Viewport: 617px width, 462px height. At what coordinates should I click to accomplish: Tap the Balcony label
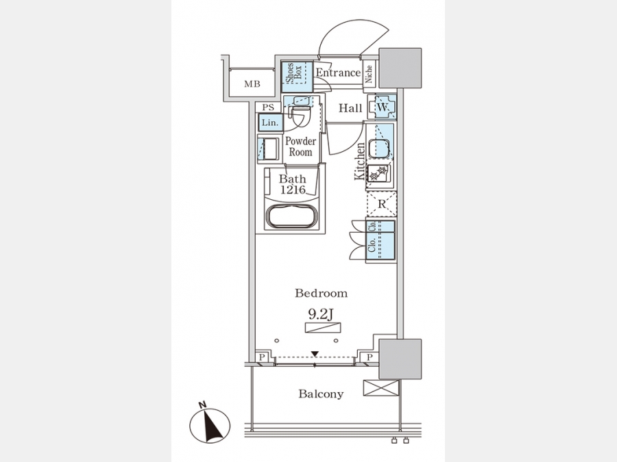321,394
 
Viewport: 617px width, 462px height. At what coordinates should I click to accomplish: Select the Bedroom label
321,294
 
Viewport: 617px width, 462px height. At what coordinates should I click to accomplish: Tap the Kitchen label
359,162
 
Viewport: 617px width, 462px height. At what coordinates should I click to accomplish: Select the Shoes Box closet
297,76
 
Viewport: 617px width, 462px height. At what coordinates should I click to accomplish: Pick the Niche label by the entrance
369,73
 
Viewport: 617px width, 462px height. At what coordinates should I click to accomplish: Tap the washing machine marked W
383,107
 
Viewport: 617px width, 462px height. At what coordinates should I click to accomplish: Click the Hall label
351,107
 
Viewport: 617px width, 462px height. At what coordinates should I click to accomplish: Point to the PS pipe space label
267,107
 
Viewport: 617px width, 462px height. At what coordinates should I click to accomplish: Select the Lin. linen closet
269,123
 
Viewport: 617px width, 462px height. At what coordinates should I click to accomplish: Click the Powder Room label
300,146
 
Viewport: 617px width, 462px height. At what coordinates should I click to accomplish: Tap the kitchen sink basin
379,149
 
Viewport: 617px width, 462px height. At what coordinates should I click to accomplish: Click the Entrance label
338,73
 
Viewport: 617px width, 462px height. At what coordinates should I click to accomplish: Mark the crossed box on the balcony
380,387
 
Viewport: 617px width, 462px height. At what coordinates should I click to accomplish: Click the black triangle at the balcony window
315,354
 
